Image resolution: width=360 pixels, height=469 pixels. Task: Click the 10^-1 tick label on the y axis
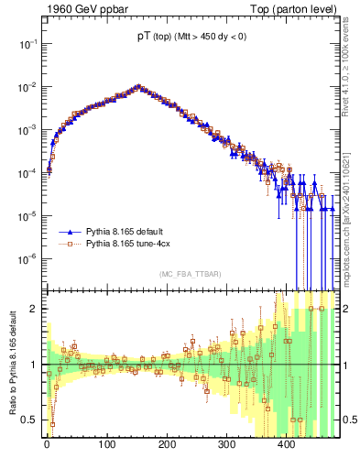point(27,44)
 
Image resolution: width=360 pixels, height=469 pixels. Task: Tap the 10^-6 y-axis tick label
point(27,259)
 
